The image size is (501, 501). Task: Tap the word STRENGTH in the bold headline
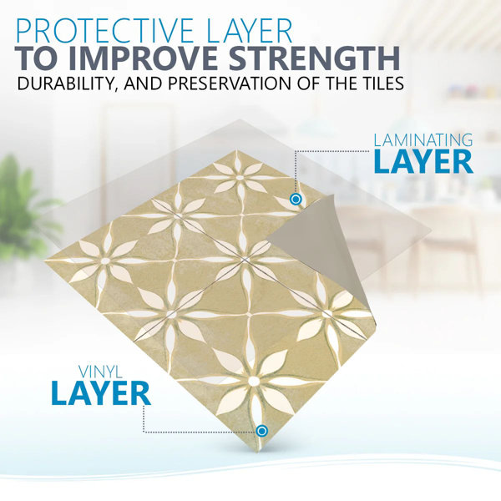(x=315, y=58)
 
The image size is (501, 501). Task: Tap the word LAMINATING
(x=423, y=140)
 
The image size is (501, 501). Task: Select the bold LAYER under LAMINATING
(x=423, y=162)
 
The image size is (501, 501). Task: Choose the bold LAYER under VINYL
(x=100, y=393)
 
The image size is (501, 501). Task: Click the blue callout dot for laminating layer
(x=296, y=200)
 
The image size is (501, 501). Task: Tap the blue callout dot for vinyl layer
(x=262, y=431)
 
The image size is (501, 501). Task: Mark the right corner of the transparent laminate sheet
(x=431, y=229)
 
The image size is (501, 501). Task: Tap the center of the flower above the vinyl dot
(x=253, y=381)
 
